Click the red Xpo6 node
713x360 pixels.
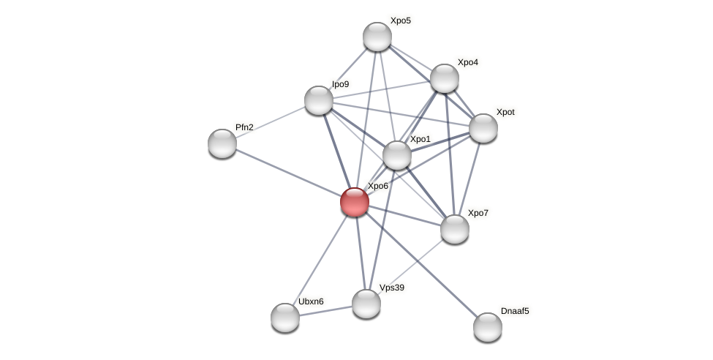coord(355,202)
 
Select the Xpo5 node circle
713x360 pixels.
coord(377,37)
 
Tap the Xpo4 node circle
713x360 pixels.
coord(445,78)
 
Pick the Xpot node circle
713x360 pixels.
coord(483,128)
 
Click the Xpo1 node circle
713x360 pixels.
coord(397,155)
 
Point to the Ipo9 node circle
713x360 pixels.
coord(319,100)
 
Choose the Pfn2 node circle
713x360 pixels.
coord(222,143)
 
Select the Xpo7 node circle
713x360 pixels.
coord(455,229)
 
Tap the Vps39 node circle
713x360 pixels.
coord(366,304)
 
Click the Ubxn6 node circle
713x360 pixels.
coord(285,318)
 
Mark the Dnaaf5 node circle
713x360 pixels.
coord(488,327)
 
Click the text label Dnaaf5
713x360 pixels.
coord(515,311)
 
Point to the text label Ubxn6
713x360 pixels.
coord(311,301)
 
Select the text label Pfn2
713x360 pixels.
coord(244,127)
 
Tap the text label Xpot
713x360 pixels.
coord(505,112)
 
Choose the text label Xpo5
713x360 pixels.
coord(400,20)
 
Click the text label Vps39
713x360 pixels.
coord(391,288)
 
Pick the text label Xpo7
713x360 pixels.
coord(478,213)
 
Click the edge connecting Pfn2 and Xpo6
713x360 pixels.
coord(288,173)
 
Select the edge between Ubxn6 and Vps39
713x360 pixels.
coord(325,311)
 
